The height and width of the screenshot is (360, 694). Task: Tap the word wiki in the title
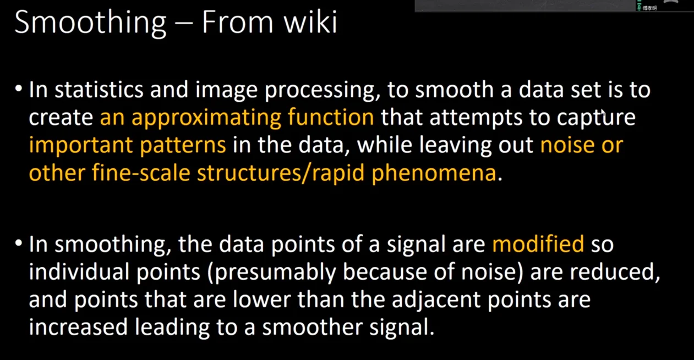[x=310, y=21]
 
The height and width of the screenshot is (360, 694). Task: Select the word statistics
[x=99, y=90]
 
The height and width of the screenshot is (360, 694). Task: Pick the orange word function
[x=331, y=117]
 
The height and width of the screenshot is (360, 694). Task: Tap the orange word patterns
[x=183, y=146]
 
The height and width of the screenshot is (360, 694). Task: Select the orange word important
[x=80, y=146]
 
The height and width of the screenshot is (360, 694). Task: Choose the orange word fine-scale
[x=141, y=172]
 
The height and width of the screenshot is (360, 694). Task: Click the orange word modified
[x=538, y=244]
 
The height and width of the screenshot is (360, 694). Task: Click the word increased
[x=78, y=328]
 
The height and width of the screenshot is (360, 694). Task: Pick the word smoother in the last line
[x=312, y=327]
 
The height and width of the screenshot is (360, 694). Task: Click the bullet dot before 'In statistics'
[x=19, y=89]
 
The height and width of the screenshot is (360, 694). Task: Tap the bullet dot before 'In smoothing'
[x=19, y=243]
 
